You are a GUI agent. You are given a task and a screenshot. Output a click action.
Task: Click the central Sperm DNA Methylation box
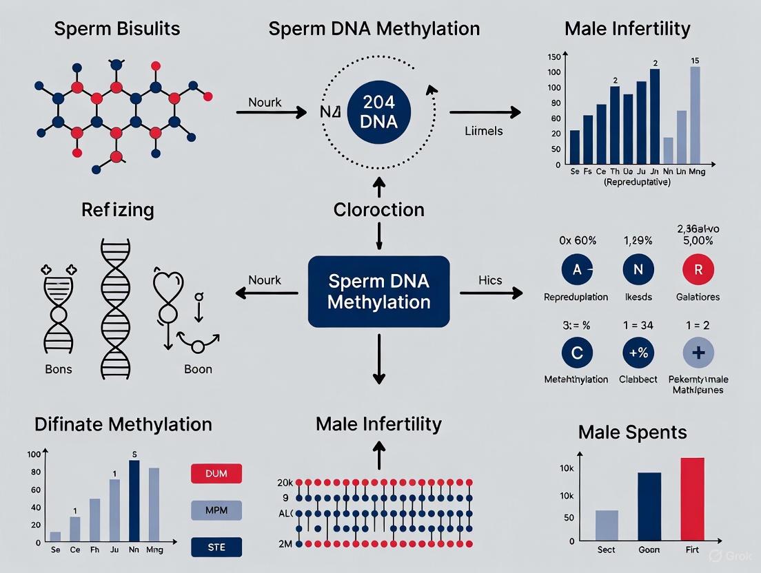click(x=378, y=291)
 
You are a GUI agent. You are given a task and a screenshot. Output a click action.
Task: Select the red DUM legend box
click(x=215, y=473)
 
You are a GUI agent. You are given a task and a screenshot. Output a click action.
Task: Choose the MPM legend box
click(x=215, y=510)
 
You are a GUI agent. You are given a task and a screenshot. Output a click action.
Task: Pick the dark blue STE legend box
click(x=215, y=548)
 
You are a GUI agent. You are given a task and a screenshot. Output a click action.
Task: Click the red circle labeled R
click(x=698, y=270)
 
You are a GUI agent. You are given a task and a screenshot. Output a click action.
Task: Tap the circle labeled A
click(x=576, y=270)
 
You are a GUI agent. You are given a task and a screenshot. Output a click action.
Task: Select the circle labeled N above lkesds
click(x=638, y=270)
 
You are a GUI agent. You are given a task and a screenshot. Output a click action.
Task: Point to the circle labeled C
click(x=576, y=353)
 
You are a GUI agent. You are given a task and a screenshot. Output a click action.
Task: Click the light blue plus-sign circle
click(x=698, y=353)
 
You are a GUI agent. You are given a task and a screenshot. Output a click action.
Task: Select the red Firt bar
click(x=692, y=499)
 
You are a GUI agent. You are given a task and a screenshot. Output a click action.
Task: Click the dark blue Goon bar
click(x=649, y=506)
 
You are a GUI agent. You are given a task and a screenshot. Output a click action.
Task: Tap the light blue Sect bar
click(x=607, y=525)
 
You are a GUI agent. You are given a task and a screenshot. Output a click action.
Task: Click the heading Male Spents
click(x=633, y=433)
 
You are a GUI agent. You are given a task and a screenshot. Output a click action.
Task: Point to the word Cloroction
click(x=378, y=209)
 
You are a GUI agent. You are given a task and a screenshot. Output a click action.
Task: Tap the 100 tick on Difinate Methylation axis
click(x=34, y=455)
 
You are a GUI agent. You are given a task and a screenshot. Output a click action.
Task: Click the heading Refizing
click(x=117, y=209)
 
